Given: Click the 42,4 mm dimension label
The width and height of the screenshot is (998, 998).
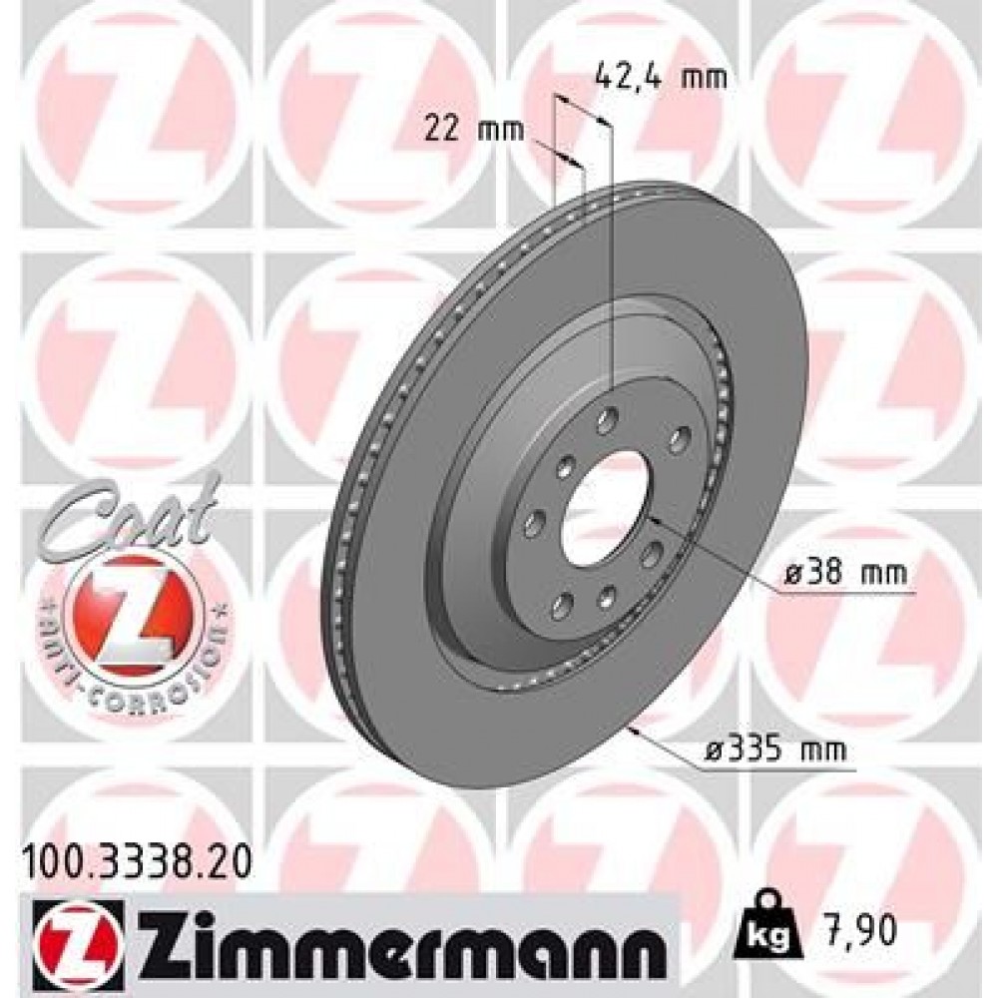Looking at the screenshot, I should (x=660, y=76).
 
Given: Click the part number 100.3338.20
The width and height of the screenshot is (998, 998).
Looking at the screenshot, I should (x=135, y=855).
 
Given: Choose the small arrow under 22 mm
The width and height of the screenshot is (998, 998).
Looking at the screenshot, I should (x=564, y=158).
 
